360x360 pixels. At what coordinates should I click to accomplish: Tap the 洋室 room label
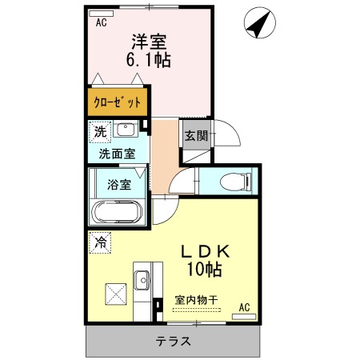(149, 42)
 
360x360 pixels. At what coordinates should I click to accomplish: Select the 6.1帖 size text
(148, 59)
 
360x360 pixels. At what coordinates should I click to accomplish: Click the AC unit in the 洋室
(102, 14)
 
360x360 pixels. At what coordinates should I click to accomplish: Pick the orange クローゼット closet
(118, 102)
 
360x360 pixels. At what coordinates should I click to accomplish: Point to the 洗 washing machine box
(100, 132)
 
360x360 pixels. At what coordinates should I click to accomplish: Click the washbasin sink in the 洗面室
(126, 130)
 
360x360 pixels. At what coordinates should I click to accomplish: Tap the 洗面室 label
(118, 154)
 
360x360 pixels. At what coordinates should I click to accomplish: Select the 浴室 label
(119, 184)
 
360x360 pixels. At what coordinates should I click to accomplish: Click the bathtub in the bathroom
(117, 212)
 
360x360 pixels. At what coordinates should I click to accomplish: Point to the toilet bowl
(234, 182)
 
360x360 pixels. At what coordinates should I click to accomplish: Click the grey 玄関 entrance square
(196, 135)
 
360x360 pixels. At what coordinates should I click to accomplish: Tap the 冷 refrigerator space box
(100, 242)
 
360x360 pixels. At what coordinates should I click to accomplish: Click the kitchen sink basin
(142, 280)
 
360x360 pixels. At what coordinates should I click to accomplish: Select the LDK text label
(205, 251)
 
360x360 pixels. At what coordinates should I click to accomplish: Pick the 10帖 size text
(204, 269)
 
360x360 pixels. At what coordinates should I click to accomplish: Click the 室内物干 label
(196, 300)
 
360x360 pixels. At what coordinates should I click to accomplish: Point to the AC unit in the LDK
(244, 317)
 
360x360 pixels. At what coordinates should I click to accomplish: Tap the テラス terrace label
(174, 342)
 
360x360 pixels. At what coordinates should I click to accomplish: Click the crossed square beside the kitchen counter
(116, 294)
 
